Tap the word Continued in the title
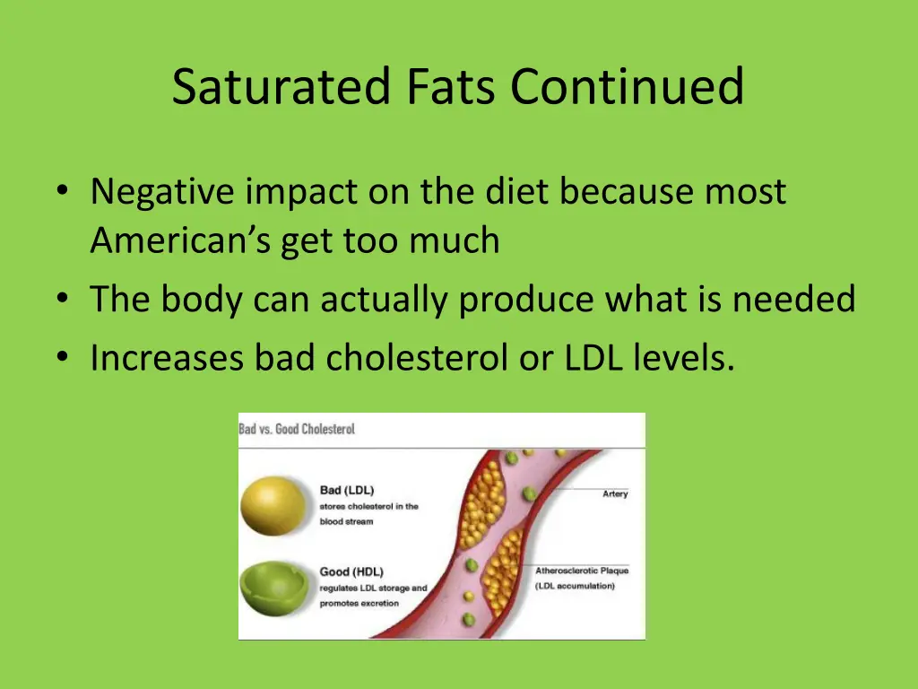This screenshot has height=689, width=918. [x=628, y=88]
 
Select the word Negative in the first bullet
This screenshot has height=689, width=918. [x=163, y=193]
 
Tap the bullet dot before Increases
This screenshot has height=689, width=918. [x=61, y=359]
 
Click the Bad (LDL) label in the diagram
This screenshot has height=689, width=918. [x=347, y=490]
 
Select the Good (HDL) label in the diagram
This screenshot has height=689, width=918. [x=351, y=571]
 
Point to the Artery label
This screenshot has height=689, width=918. [x=615, y=494]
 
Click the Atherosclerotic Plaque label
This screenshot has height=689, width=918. [x=582, y=571]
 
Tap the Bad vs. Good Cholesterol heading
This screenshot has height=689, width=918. [x=297, y=429]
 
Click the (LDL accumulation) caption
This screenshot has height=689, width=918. [x=575, y=586]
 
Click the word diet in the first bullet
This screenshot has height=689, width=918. [x=515, y=193]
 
